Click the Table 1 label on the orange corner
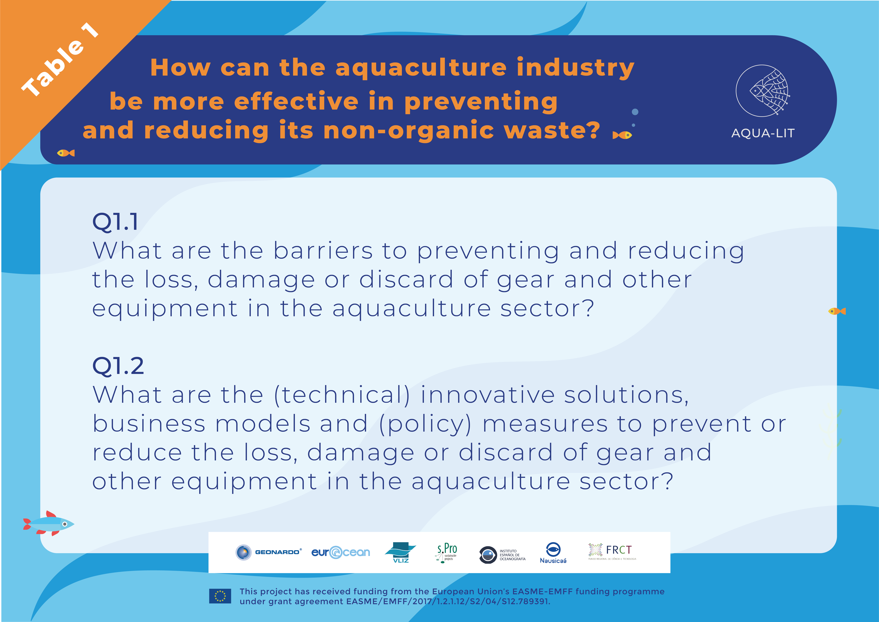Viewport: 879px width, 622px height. click(60, 59)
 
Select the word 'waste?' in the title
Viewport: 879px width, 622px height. click(552, 130)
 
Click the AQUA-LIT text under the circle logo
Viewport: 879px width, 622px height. click(763, 133)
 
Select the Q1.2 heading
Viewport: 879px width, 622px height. click(118, 366)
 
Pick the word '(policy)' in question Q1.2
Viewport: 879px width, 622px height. click(425, 424)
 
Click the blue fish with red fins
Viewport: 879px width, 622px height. click(49, 523)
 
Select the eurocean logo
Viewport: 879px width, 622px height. click(341, 552)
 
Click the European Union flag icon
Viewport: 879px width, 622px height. click(220, 596)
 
